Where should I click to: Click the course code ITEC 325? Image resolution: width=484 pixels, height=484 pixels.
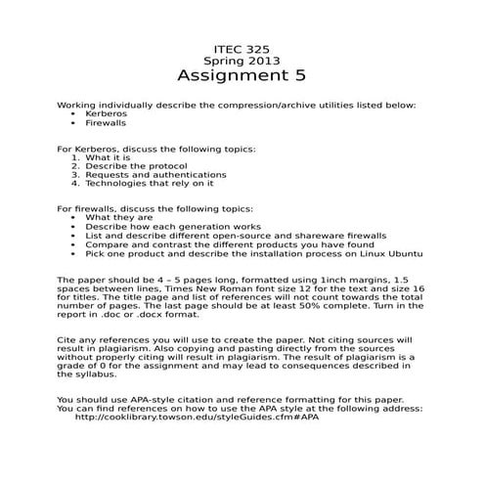click(x=241, y=48)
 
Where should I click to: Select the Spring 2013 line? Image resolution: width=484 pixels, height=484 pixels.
click(x=241, y=61)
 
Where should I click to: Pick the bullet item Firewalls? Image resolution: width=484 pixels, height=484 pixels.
click(x=107, y=124)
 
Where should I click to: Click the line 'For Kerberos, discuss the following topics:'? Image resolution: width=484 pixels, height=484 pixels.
click(x=156, y=149)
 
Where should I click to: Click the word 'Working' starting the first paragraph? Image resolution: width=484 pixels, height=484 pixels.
click(x=77, y=105)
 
